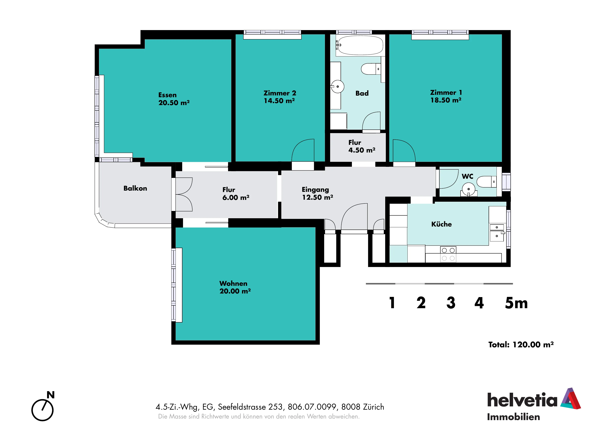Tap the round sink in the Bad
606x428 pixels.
[x=338, y=87]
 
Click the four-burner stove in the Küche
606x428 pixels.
[x=448, y=254]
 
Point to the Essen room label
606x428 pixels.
[x=167, y=95]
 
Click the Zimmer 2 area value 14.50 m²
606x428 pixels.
[x=279, y=101]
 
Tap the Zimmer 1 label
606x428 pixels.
[x=446, y=93]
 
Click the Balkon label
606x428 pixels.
[x=135, y=188]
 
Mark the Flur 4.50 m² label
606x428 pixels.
[x=362, y=146]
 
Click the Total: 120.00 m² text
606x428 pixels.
[x=521, y=344]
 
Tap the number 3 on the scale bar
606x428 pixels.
[x=451, y=303]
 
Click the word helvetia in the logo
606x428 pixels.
[x=522, y=400]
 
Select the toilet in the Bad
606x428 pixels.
[x=371, y=69]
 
